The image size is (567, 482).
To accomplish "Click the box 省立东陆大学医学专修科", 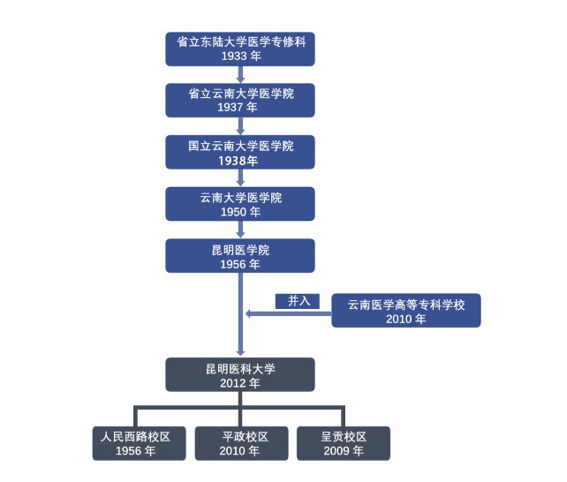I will coord(240,49).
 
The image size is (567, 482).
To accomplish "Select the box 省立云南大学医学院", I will coord(240,100).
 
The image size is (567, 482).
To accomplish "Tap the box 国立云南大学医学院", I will coord(240,152).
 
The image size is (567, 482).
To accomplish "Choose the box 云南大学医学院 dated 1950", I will coord(240,204).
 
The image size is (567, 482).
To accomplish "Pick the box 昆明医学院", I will coord(240,256).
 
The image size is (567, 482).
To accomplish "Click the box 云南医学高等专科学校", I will coord(406,311).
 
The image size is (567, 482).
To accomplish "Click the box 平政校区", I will coord(239,443).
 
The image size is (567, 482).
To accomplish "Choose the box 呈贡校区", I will coord(344,443).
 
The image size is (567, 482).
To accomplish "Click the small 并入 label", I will coord(298,301).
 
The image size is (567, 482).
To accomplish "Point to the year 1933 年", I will coord(240,56).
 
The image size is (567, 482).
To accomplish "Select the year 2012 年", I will coord(240,383).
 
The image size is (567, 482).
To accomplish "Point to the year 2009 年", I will coord(344,450).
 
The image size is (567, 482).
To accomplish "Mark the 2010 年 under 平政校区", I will coord(239,450).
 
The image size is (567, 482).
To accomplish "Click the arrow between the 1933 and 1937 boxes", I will coord(240,74).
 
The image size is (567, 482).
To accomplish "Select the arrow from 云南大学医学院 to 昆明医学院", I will coord(240,230).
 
